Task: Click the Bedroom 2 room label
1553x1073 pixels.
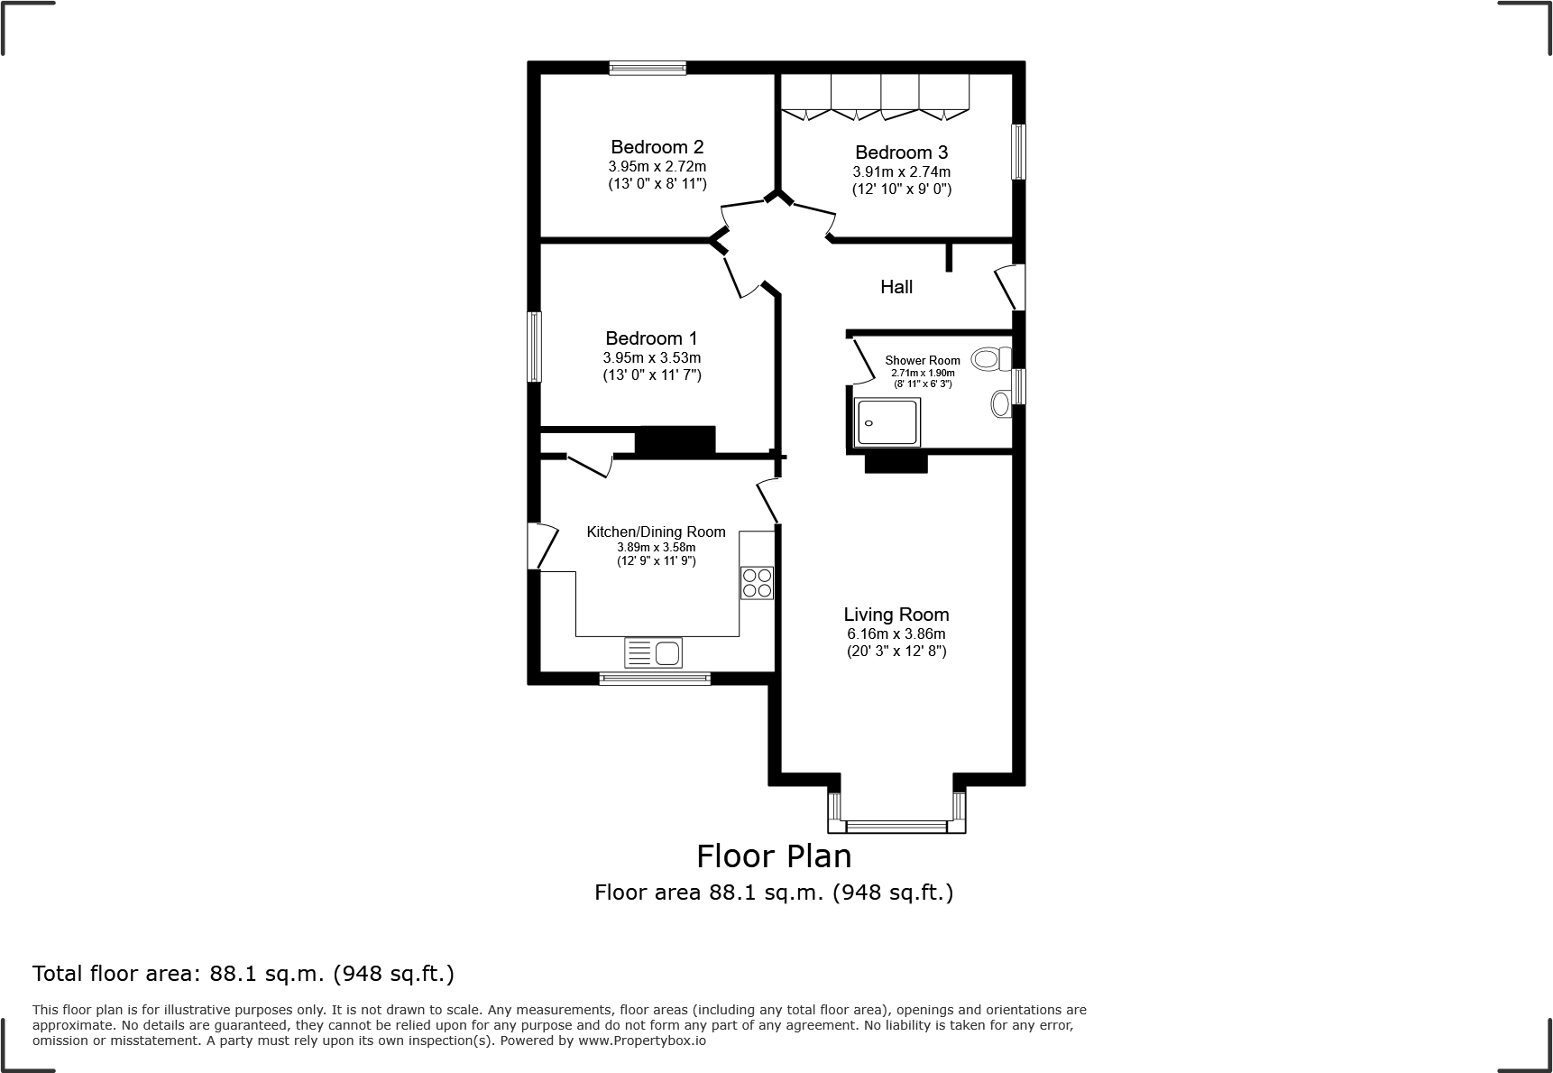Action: [x=657, y=147]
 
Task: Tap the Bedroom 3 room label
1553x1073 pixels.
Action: [x=901, y=153]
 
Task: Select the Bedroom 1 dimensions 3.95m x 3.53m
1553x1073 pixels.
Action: [x=652, y=357]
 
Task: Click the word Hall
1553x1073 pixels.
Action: [x=896, y=287]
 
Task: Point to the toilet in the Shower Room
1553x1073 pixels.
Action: [x=991, y=359]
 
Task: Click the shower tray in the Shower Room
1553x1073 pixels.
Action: [x=888, y=422]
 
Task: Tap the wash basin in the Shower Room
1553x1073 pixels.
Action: [x=1000, y=403]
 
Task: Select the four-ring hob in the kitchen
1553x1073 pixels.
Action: [x=757, y=583]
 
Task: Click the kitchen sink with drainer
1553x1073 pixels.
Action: [x=654, y=652]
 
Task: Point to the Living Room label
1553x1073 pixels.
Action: [x=896, y=615]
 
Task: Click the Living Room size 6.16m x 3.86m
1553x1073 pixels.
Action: [x=896, y=634]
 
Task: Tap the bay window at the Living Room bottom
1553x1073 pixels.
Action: [x=896, y=825]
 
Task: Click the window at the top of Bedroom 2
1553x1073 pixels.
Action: [x=648, y=67]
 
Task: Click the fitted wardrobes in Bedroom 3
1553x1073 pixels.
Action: [x=875, y=96]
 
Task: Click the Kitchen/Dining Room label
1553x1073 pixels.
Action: [x=656, y=532]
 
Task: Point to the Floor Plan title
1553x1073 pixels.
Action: [x=774, y=855]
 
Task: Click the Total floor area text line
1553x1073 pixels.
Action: [x=244, y=974]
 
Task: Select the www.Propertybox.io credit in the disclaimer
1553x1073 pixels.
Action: [x=641, y=1041]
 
